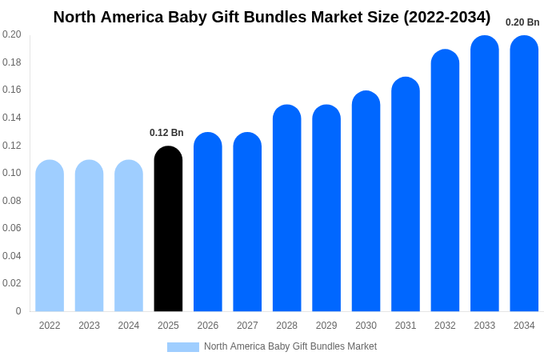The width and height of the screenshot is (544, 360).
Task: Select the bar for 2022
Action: click(50, 236)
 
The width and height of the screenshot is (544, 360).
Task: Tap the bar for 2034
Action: click(524, 174)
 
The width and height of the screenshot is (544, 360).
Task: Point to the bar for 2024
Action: click(129, 236)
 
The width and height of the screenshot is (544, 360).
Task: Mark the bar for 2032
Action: click(445, 181)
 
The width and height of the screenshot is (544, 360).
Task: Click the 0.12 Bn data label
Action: click(166, 133)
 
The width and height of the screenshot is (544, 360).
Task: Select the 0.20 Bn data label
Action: click(522, 22)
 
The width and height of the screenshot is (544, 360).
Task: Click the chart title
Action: click(272, 17)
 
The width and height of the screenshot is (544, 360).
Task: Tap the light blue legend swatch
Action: click(182, 347)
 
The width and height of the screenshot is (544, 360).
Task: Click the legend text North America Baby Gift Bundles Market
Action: click(290, 346)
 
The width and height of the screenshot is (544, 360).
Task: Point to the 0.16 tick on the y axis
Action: click(11, 90)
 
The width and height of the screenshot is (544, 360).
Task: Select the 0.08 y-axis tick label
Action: click(11, 201)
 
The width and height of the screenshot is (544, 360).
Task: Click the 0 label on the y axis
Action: click(18, 311)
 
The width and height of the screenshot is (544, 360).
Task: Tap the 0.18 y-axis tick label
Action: click(11, 62)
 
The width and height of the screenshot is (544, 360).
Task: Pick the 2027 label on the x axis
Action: click(247, 326)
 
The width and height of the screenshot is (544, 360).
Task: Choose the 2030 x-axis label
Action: click(366, 326)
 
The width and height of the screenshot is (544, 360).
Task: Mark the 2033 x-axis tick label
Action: click(485, 326)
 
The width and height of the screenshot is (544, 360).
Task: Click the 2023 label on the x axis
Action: click(89, 326)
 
